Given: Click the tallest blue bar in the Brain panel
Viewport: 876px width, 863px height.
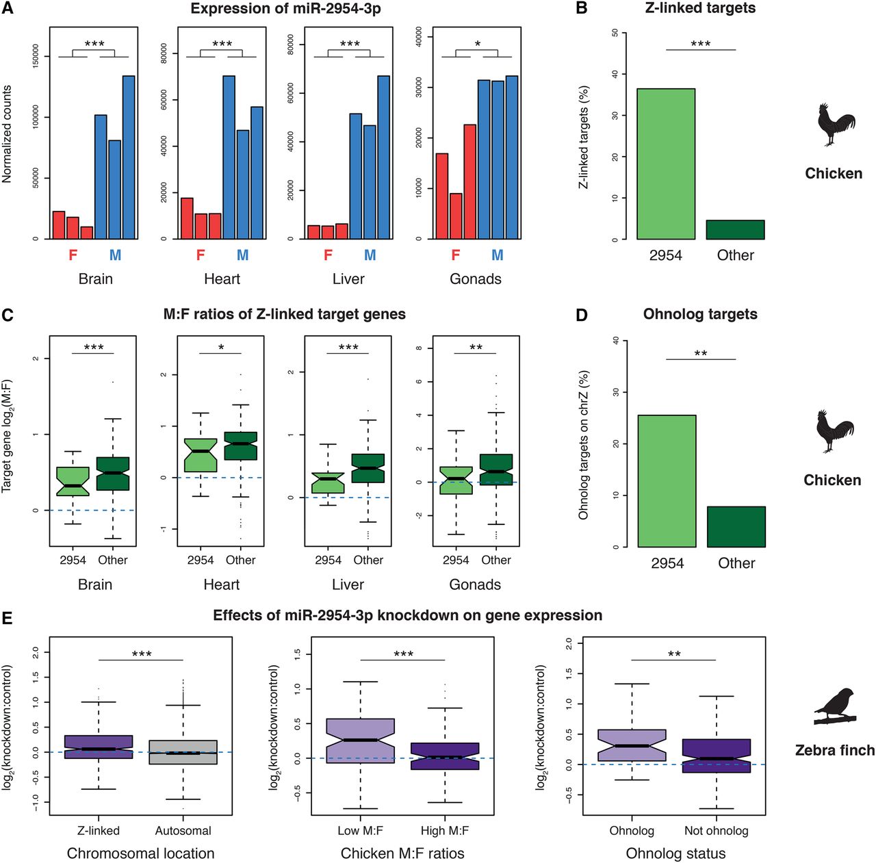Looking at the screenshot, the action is tap(129, 157).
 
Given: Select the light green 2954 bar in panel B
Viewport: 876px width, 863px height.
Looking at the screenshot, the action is tap(665, 164).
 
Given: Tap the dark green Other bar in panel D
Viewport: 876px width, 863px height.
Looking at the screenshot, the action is tap(736, 526).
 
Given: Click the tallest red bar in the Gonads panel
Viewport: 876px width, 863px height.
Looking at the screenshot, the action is tap(469, 182).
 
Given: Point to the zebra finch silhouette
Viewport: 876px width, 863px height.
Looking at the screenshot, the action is tap(835, 706).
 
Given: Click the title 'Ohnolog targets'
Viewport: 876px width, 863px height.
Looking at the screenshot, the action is tap(700, 314).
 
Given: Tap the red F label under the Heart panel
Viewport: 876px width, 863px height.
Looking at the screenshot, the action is tap(201, 255).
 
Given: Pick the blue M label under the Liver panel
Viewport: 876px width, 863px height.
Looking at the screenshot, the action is tap(370, 255).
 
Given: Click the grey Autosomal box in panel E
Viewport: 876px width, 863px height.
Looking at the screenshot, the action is tap(183, 752).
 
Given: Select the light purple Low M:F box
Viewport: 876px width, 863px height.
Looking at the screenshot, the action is tap(361, 740).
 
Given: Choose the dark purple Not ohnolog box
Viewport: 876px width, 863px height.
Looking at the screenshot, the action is tap(717, 756).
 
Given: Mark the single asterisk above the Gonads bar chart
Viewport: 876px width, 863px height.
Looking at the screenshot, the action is tap(477, 44).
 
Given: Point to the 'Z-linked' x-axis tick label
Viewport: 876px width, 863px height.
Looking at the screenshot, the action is tap(99, 831).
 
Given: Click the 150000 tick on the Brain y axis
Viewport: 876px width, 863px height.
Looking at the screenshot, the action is tap(36, 56).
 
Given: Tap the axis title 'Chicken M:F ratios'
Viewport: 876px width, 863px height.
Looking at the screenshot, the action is tap(402, 853).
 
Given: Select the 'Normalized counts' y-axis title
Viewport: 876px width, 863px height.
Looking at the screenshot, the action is tap(6, 135).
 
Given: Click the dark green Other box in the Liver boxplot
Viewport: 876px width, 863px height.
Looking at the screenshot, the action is tap(368, 468).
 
